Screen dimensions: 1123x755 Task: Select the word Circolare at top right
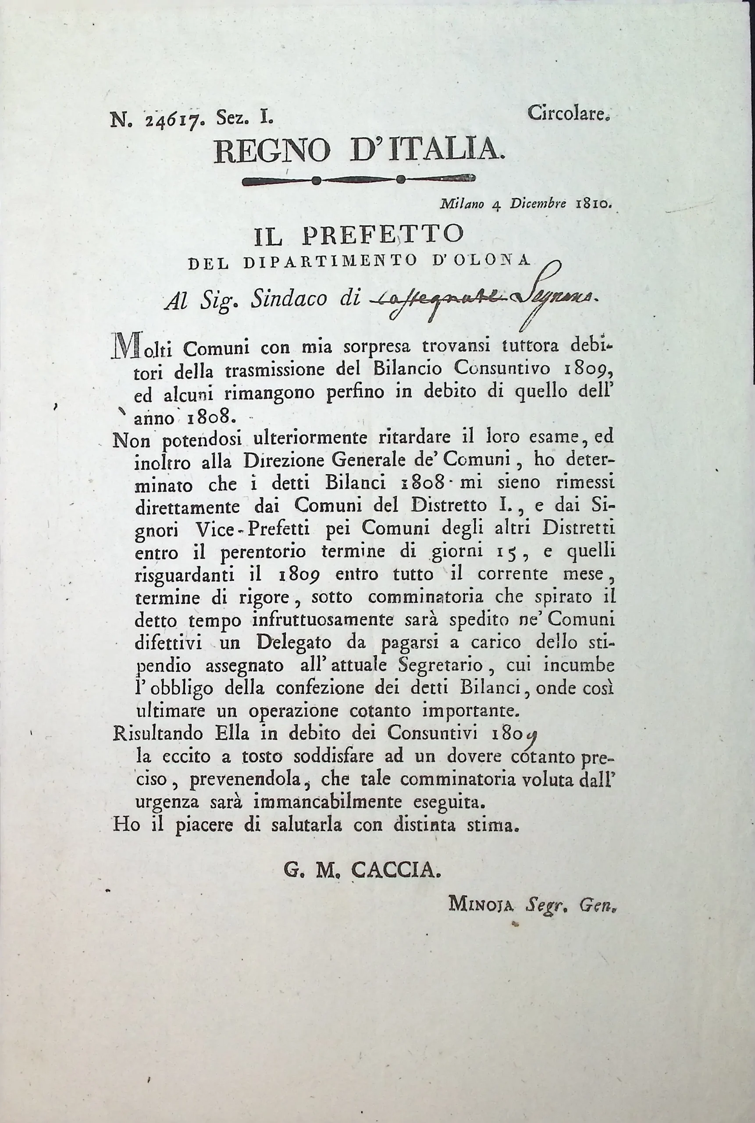coord(569,113)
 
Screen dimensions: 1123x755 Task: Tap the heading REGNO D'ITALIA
coord(359,151)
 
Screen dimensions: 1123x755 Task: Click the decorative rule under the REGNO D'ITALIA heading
coord(359,180)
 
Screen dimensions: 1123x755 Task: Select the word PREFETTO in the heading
coord(383,235)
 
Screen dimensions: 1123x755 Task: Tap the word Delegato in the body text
coord(294,642)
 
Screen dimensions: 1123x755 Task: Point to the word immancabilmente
coord(328,803)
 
